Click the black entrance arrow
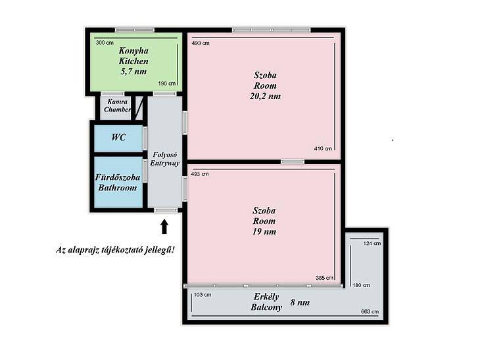pos(164,227)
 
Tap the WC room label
pos(118,137)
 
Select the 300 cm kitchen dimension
pos(105,43)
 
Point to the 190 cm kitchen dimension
pos(167,83)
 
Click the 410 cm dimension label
pos(323,148)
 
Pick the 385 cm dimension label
pos(324,278)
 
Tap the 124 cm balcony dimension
pos(372,244)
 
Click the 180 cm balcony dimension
pos(361,285)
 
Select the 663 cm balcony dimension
pos(370,311)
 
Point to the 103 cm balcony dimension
pos(203,295)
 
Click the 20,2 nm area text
pos(265,97)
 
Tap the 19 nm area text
pos(264,231)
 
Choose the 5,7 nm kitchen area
pos(133,72)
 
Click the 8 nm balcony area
pos(300,302)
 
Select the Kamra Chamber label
pos(118,106)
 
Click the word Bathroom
pos(118,187)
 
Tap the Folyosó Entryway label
pos(164,159)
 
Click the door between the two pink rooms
pos(293,162)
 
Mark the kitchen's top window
pos(135,30)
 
